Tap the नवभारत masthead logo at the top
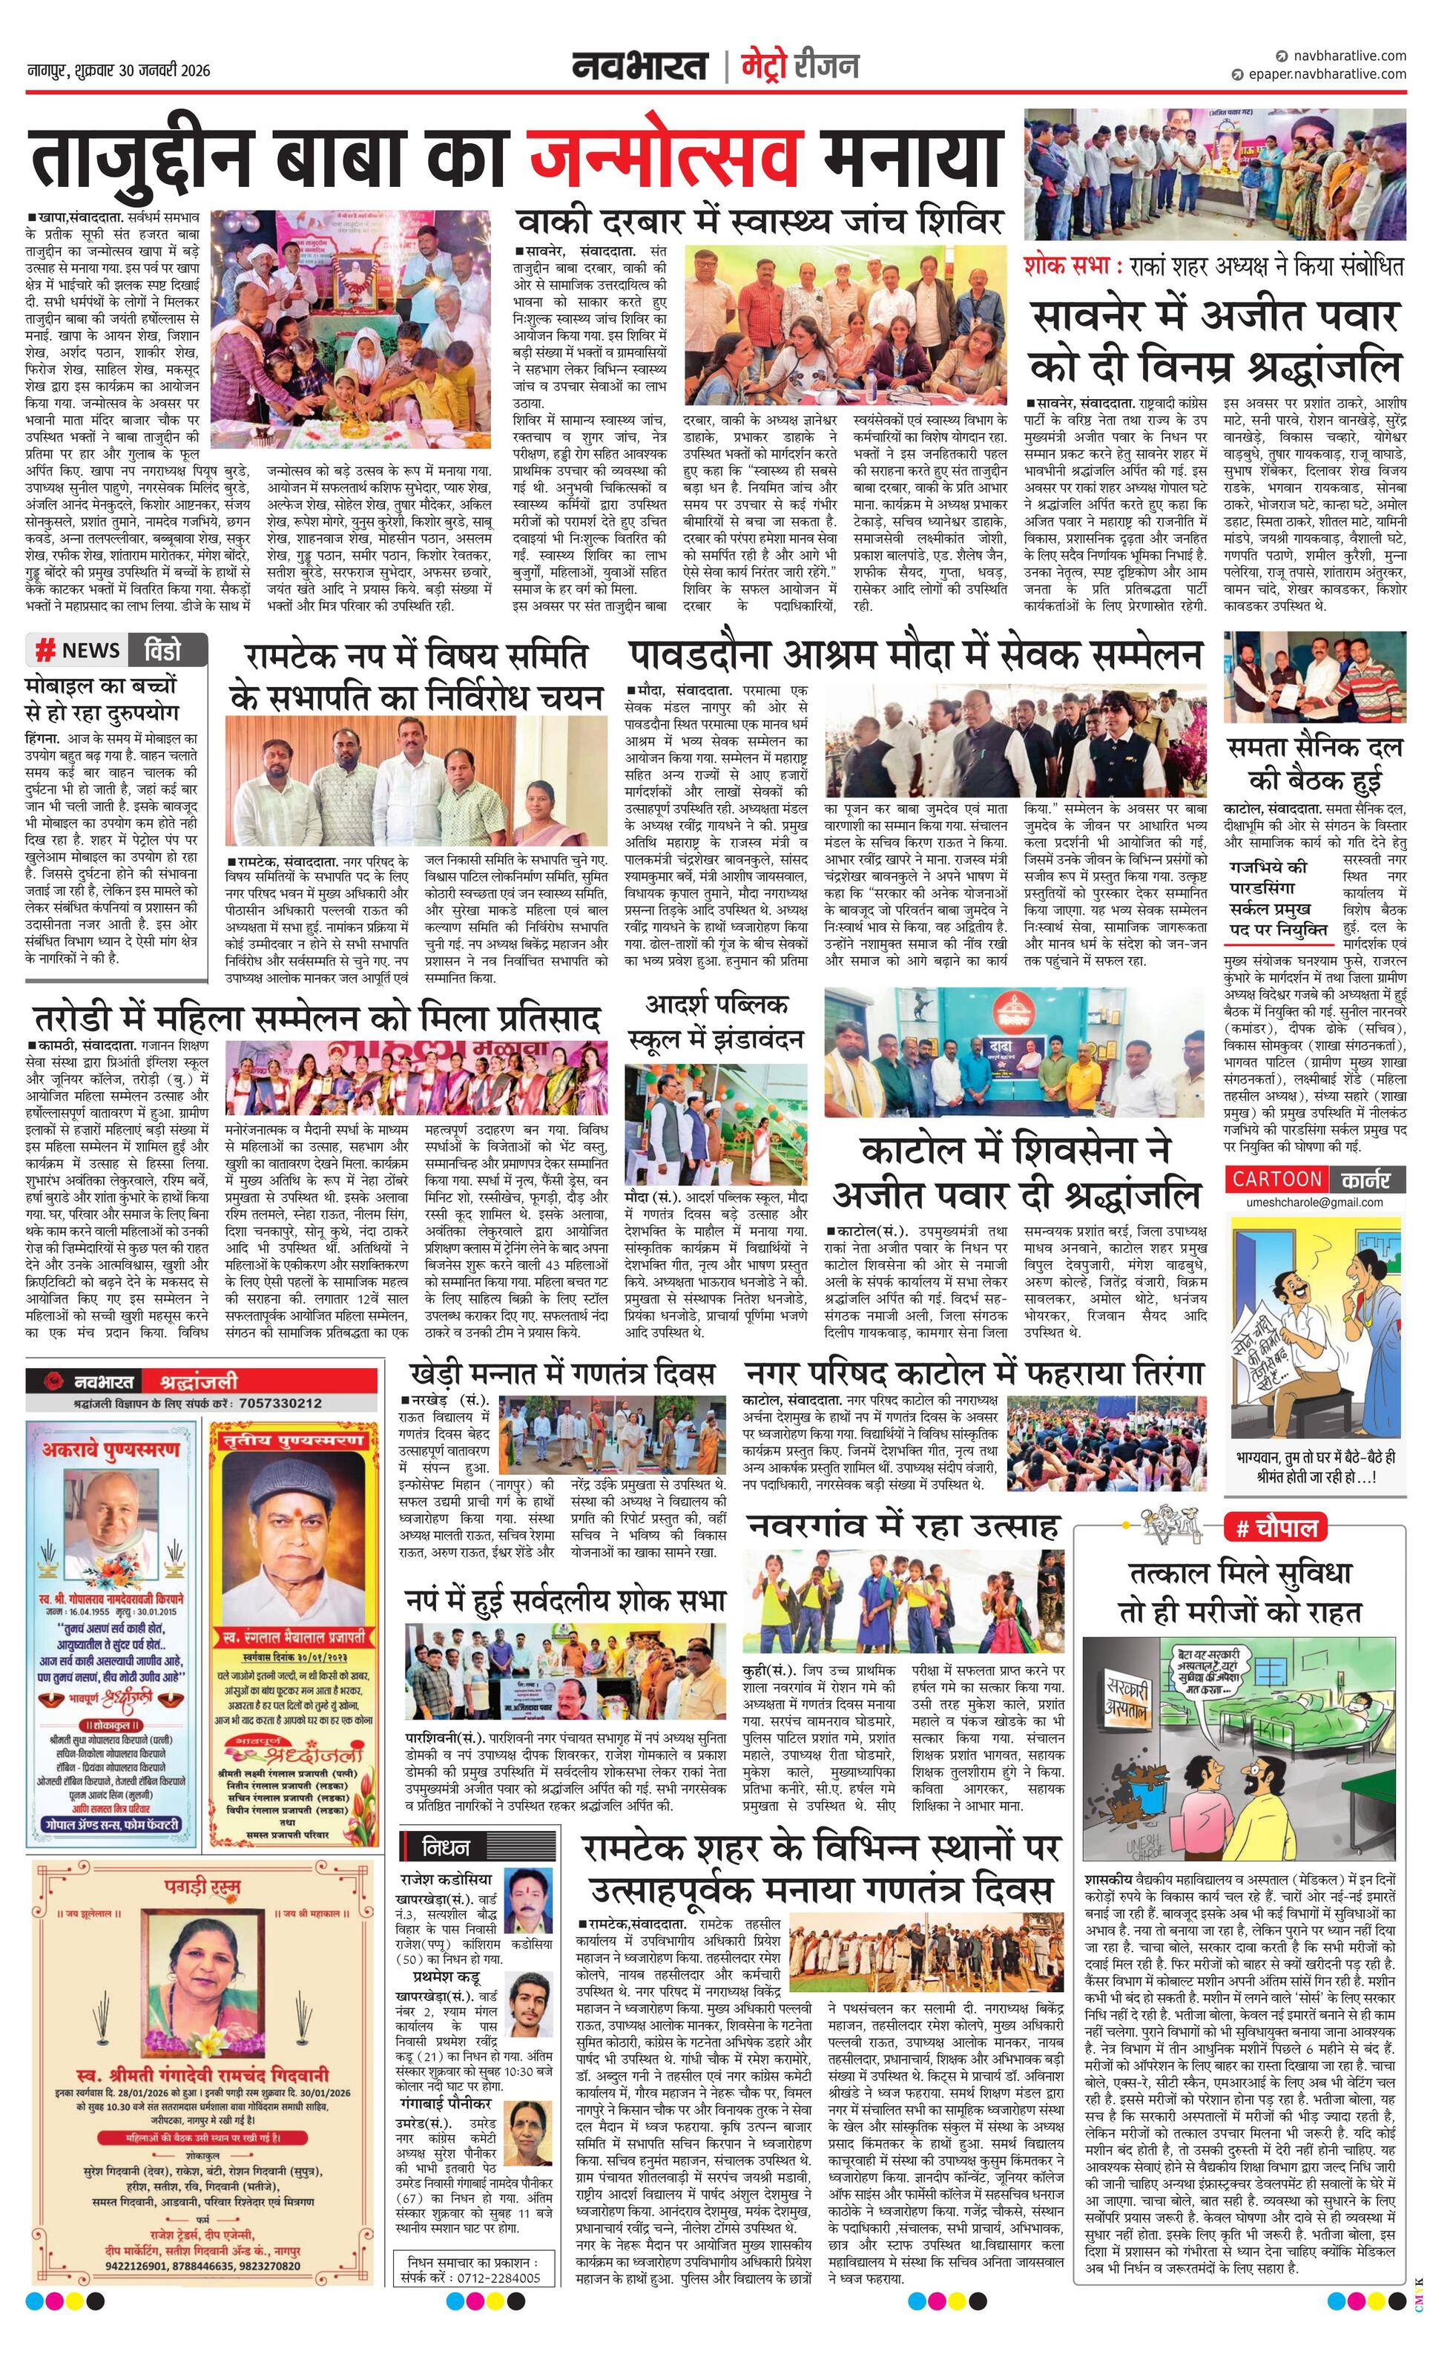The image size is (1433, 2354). (640, 67)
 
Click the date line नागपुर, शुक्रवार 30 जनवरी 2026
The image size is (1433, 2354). (119, 70)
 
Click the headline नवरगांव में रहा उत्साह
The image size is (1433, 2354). (903, 1524)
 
